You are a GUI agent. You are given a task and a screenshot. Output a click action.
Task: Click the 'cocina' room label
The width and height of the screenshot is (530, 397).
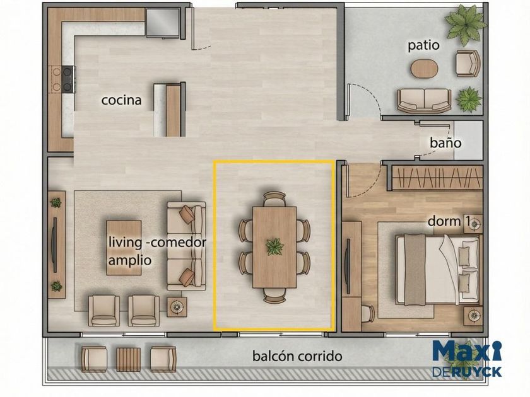[121, 100]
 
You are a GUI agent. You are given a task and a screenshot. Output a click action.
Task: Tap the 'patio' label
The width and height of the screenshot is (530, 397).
[423, 45]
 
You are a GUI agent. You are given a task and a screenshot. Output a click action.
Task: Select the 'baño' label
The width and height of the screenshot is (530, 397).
[445, 142]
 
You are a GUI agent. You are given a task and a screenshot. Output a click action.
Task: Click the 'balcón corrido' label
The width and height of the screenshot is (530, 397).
[297, 356]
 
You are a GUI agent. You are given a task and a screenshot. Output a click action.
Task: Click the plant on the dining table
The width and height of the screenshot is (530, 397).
[274, 247]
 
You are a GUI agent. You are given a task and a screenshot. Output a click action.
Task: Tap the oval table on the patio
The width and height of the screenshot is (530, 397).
[424, 69]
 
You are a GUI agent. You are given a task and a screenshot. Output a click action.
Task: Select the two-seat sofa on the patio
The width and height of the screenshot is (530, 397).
[424, 101]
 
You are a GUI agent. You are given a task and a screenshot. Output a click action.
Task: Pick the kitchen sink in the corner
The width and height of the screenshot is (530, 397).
[162, 22]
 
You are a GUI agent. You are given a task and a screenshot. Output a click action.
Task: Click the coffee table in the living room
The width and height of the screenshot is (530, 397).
[124, 248]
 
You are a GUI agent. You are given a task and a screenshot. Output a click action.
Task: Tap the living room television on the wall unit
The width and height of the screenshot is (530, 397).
[54, 245]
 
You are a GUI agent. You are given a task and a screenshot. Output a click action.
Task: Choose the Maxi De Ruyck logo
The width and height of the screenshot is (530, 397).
[467, 359]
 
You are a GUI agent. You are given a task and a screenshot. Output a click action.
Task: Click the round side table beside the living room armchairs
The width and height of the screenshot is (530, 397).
[177, 307]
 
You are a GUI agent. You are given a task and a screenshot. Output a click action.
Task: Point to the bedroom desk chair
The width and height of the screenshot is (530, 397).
[368, 313]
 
